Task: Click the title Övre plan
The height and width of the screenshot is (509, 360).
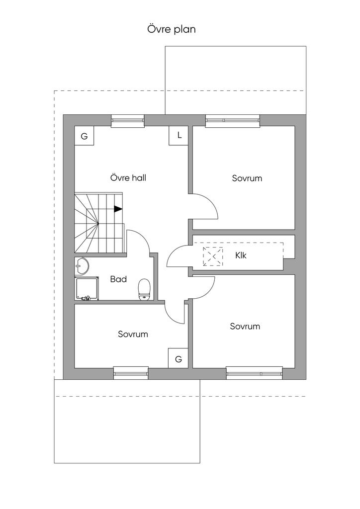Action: (x=172, y=29)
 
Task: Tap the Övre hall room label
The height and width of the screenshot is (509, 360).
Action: (x=128, y=177)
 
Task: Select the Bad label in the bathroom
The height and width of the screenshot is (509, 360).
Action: (x=118, y=279)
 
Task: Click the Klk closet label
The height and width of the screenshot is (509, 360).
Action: (x=241, y=255)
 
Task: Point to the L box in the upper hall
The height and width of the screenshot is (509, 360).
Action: (x=179, y=136)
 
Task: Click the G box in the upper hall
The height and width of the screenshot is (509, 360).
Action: (x=84, y=136)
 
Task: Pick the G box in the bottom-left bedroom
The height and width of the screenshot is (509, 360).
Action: (x=178, y=359)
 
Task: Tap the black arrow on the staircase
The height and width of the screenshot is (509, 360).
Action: (x=118, y=209)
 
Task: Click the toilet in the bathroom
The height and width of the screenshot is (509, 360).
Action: (x=144, y=290)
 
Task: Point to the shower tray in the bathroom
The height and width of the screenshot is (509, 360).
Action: (x=87, y=288)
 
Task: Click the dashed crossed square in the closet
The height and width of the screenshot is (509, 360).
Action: (x=213, y=256)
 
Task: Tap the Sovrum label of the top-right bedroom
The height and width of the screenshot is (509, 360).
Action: (x=247, y=178)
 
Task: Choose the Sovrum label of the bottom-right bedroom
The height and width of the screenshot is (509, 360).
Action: (x=245, y=326)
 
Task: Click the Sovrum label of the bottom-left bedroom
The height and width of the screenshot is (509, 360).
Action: (x=133, y=334)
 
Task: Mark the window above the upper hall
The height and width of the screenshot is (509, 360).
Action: (x=128, y=120)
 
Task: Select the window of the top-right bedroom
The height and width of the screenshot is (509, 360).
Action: (x=233, y=120)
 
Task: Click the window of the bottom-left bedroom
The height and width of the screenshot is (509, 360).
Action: (x=131, y=373)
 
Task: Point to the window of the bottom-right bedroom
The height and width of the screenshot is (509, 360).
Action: (x=254, y=373)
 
